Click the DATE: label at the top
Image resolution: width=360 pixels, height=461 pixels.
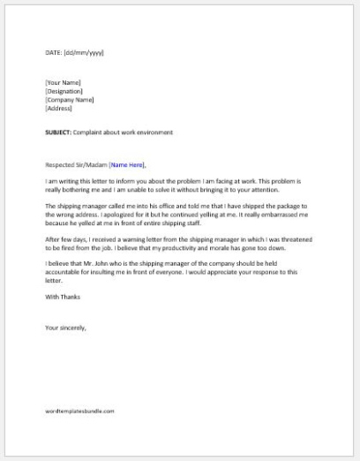[x=53, y=53]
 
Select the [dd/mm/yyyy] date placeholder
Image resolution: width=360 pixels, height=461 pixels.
[x=84, y=53]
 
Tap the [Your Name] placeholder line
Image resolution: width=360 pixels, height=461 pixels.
[x=63, y=83]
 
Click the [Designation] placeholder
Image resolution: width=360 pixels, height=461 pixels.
[x=64, y=91]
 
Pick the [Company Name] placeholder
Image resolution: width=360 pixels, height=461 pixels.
[x=69, y=100]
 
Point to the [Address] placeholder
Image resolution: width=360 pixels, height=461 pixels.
[x=58, y=109]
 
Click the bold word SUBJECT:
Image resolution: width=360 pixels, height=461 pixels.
[x=60, y=133]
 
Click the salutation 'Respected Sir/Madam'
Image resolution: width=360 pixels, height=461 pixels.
[x=76, y=164]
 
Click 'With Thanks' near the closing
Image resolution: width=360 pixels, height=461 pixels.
[x=63, y=297]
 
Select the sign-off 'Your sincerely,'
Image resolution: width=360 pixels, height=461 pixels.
[x=65, y=328]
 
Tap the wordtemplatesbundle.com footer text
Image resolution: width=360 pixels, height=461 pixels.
[x=79, y=411]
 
